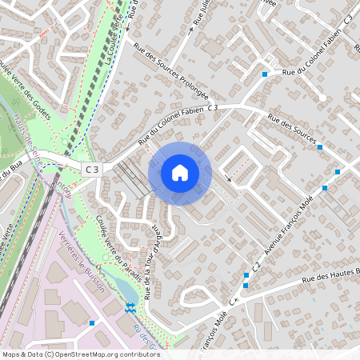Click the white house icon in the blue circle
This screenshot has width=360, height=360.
[x=180, y=173]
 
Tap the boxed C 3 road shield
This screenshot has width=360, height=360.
[x=93, y=169]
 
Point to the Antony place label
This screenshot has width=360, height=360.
[x=61, y=191]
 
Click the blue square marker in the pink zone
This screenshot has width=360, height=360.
[x=93, y=323]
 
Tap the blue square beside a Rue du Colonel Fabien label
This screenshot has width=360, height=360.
[x=265, y=74]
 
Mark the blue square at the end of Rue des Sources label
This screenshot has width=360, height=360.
[x=320, y=147]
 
